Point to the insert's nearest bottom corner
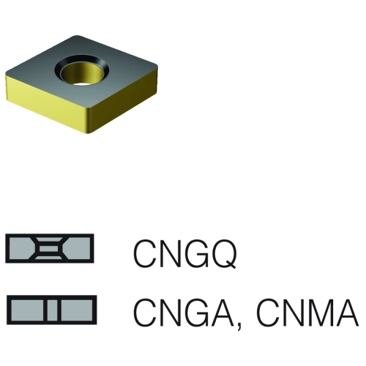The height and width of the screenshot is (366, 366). (x=90, y=132)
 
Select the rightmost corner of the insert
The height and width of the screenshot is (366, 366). (x=157, y=68)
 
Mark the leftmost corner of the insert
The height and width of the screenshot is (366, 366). (x=6, y=73)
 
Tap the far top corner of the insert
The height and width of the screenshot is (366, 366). (x=76, y=36)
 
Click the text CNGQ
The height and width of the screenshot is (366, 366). (x=185, y=253)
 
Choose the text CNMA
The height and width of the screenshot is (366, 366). (x=308, y=313)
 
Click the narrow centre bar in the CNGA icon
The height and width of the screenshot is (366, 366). (x=52, y=310)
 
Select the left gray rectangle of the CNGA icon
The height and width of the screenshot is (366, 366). (x=27, y=310)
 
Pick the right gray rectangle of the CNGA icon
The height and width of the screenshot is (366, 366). (x=77, y=310)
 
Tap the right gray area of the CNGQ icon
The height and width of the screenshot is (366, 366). (x=78, y=249)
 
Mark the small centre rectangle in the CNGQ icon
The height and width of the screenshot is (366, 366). (x=49, y=249)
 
